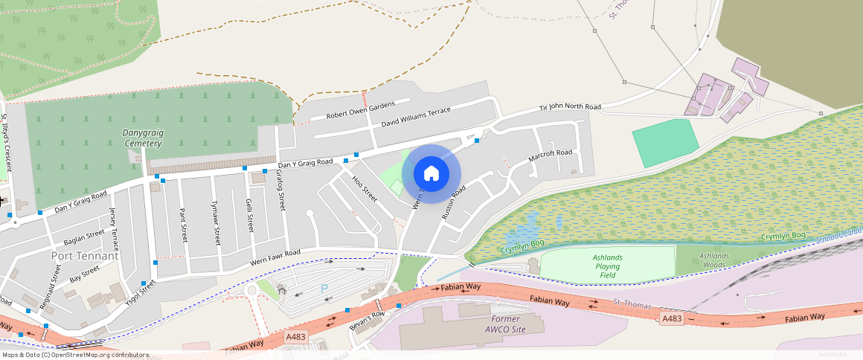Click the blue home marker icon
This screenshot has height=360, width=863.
pos(431,174)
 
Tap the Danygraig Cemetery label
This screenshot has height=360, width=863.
pos(141,138)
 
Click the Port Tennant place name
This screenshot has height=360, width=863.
pos(85,256)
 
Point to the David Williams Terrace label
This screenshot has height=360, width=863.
pos(416,117)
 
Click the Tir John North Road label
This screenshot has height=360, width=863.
pos(570,108)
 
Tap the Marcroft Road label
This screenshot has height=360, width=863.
pos(550,156)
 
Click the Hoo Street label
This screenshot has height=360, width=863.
pos(365,189)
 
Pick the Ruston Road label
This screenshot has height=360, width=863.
pos(453,201)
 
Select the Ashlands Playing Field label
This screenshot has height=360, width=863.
pos(607,266)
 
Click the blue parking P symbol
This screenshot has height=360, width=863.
pos(324,288)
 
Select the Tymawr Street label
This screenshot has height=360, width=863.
pos(216,224)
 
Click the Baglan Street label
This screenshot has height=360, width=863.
pos(84,237)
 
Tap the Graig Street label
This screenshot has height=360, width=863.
pos(281,191)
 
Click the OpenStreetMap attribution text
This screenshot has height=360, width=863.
pos(74,355)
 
